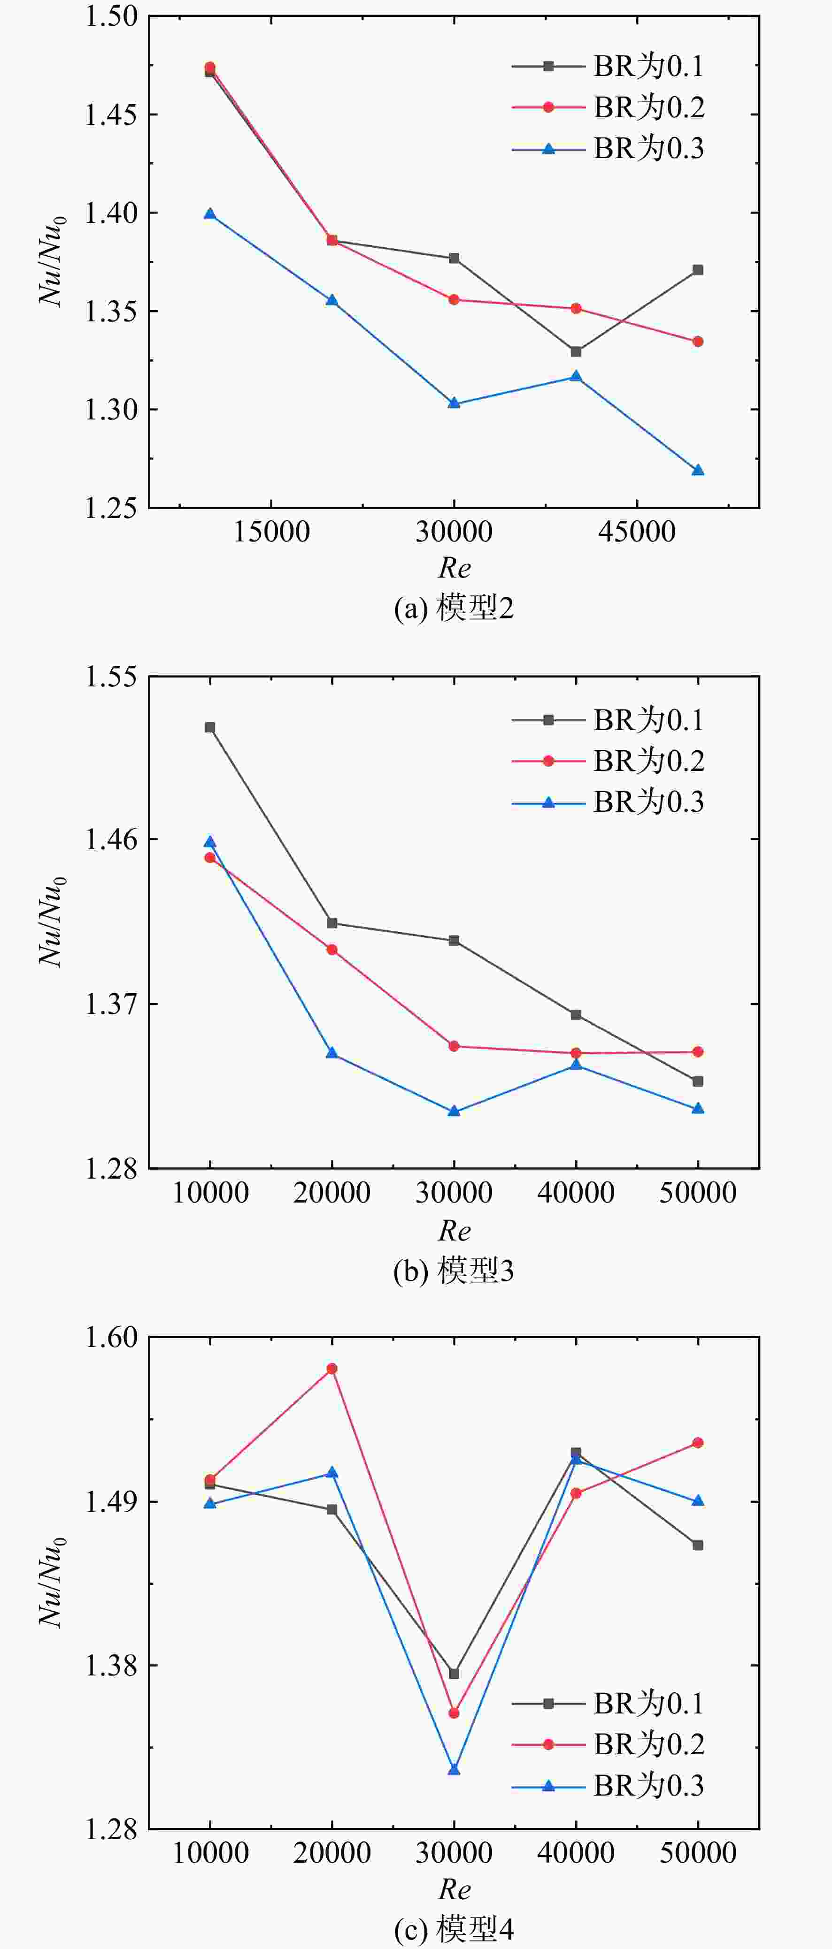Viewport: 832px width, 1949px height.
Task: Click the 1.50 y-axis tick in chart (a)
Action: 110,16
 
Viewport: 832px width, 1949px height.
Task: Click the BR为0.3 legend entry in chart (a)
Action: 608,148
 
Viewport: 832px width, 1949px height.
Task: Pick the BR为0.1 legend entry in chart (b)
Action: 608,720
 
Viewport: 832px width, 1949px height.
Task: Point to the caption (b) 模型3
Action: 454,1271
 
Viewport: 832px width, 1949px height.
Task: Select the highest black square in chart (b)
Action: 210,728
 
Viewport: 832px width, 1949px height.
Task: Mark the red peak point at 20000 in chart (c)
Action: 331,1369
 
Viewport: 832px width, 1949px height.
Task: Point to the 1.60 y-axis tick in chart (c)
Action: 110,1337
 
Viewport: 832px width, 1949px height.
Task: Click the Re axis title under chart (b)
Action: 454,1231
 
